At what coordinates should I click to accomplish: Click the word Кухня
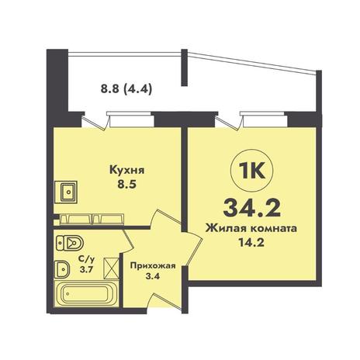pos(127,171)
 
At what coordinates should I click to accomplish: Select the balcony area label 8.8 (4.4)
pos(126,90)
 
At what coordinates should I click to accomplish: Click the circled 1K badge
pos(252,171)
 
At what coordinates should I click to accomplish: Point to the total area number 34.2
pos(252,209)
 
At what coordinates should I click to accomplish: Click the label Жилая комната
pos(251,229)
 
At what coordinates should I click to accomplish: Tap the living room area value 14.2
pos(251,243)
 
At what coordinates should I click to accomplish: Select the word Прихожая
pos(153,266)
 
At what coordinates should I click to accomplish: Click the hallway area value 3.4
pos(153,276)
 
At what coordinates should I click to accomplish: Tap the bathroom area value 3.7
pos(86,269)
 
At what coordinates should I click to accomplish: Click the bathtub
pos(86,294)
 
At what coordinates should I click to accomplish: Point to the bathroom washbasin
pos(61,269)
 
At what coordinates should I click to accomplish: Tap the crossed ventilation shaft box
pos(112,268)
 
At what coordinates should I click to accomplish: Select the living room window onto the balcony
pos(264,119)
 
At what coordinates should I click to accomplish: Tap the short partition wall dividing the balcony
pos(184,67)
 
